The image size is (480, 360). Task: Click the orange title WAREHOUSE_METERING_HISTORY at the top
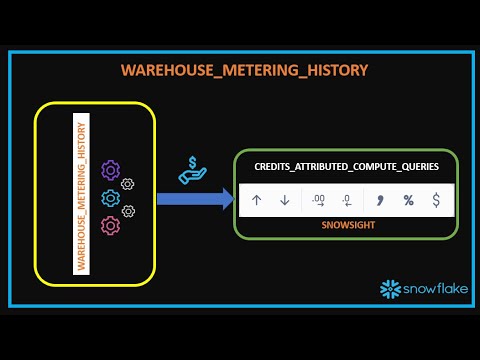pos(245,70)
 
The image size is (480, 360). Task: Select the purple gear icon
pos(111,172)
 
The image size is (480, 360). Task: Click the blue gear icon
pos(111,197)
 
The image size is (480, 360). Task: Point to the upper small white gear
pos(127,185)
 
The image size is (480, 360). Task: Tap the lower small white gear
pos(127,211)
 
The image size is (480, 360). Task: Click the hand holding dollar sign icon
pos(192,170)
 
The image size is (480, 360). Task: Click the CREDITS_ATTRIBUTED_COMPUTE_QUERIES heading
pos(346,168)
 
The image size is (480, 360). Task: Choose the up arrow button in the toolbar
pos(257,200)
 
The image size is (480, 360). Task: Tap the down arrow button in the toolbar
pos(284,200)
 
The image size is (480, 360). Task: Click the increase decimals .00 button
pos(319,200)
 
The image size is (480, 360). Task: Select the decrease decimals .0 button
pos(346,200)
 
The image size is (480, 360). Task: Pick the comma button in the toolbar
pos(381,199)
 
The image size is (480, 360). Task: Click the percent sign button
pos(408,200)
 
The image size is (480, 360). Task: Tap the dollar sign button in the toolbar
pos(436,200)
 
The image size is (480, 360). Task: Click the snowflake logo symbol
pos(389,289)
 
